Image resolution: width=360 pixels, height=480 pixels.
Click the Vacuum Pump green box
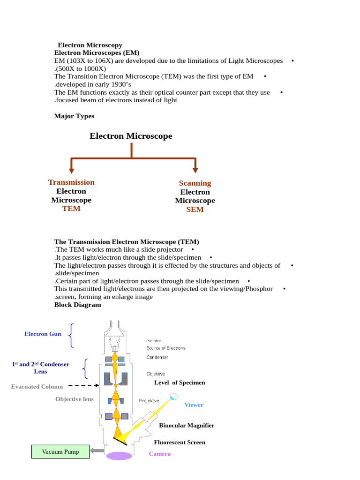pyautogui.click(x=60, y=452)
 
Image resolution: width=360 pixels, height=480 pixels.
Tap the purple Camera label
pyautogui.click(x=160, y=454)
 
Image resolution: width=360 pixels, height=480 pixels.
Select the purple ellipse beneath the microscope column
pyautogui.click(x=119, y=456)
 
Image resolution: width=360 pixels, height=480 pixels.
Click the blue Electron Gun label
pyautogui.click(x=43, y=334)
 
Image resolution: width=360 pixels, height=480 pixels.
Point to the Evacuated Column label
pyautogui.click(x=37, y=387)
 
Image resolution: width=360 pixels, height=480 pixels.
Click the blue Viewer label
pyautogui.click(x=194, y=405)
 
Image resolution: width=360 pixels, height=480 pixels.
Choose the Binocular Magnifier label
pyautogui.click(x=187, y=425)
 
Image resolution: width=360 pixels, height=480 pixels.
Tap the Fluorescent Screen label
pyautogui.click(x=180, y=442)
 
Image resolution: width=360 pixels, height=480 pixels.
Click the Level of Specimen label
pyautogui.click(x=180, y=382)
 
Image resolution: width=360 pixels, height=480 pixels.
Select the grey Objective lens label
pyautogui.click(x=75, y=399)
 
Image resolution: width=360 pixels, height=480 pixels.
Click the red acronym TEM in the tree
pyautogui.click(x=71, y=209)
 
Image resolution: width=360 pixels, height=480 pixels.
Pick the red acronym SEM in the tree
pyautogui.click(x=195, y=210)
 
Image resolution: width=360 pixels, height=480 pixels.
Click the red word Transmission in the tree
pyautogui.click(x=71, y=182)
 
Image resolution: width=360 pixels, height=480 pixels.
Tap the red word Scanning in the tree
pyautogui.click(x=195, y=183)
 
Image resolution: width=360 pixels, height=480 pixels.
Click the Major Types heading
pyautogui.click(x=74, y=116)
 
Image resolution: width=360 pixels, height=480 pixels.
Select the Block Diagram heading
pyautogui.click(x=77, y=305)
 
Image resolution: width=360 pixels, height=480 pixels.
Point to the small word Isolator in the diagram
pyautogui.click(x=154, y=341)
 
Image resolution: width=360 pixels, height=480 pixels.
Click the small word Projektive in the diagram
pyautogui.click(x=149, y=400)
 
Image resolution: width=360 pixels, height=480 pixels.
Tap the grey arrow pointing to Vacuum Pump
pyautogui.click(x=97, y=451)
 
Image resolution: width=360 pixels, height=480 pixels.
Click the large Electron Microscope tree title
pyautogui.click(x=131, y=136)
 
